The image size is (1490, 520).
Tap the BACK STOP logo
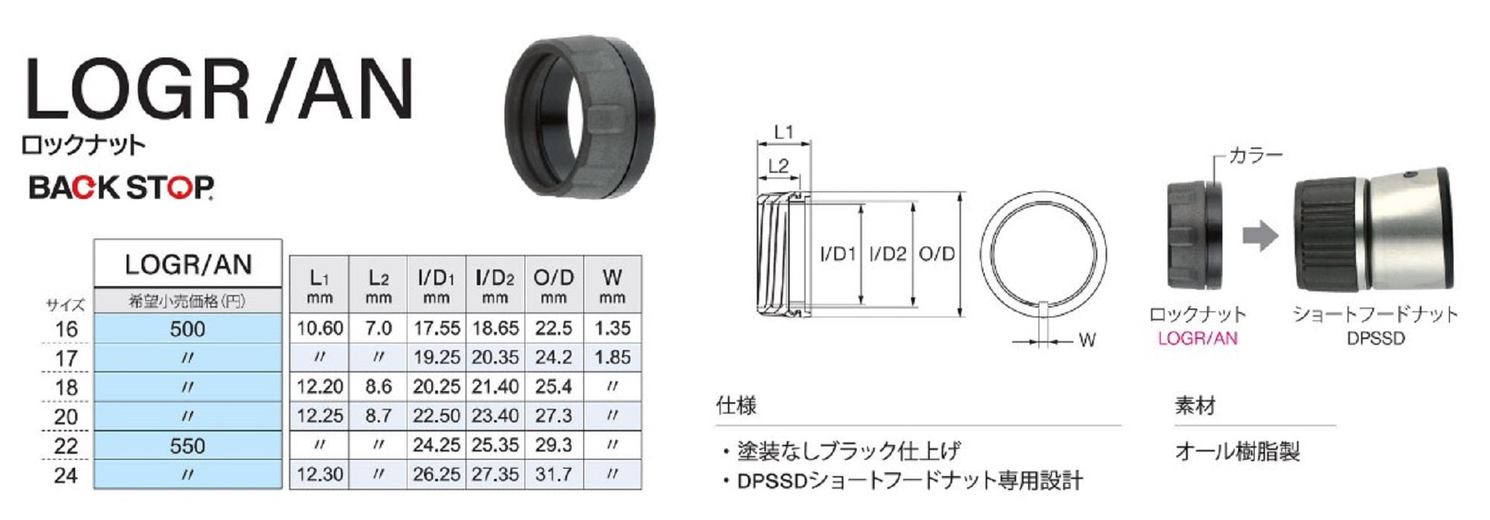point(121,187)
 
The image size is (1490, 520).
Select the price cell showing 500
point(188,329)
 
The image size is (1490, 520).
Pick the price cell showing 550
point(188,446)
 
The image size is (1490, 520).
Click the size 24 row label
point(66,475)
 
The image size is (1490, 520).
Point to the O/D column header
point(554,285)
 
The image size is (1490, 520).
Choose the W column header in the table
point(612,285)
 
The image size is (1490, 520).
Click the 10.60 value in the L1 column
point(320,329)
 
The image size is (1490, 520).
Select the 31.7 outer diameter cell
point(554,475)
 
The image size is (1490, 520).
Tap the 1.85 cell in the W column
point(612,358)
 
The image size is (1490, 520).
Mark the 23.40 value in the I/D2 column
point(495,416)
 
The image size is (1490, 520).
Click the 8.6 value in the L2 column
point(378,387)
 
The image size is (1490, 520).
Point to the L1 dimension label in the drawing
point(784,133)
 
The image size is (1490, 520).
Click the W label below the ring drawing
point(1087,340)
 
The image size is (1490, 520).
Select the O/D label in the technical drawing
point(936,254)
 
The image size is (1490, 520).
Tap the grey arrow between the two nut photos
point(1260,237)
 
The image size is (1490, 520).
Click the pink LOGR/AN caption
point(1197,339)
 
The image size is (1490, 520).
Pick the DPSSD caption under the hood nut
point(1375,339)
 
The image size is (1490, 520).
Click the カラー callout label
point(1255,156)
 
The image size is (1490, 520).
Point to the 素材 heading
point(1195,406)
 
